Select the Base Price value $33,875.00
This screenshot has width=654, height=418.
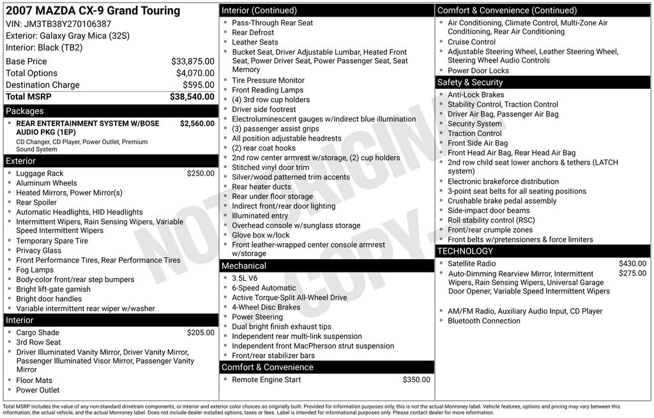(x=192, y=61)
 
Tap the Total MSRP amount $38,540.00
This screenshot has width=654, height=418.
(x=192, y=96)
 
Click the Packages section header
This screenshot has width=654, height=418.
(x=24, y=111)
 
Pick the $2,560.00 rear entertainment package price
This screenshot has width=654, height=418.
(x=197, y=124)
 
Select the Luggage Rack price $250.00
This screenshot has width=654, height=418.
(x=201, y=174)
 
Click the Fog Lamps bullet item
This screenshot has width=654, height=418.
(x=36, y=270)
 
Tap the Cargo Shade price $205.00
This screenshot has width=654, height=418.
(x=201, y=332)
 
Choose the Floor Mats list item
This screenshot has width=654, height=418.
(x=34, y=380)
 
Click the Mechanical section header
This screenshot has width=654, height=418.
(x=244, y=265)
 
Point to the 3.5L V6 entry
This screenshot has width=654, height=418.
(x=246, y=278)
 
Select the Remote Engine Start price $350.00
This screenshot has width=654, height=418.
(x=416, y=380)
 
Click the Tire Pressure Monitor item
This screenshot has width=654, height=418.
(x=268, y=80)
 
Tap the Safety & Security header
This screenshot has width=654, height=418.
(x=470, y=82)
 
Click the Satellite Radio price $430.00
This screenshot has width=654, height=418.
(x=632, y=264)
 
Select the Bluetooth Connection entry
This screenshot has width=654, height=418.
(x=484, y=321)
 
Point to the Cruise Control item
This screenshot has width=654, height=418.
(x=471, y=42)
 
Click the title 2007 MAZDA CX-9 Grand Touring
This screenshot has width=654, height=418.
(x=93, y=11)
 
